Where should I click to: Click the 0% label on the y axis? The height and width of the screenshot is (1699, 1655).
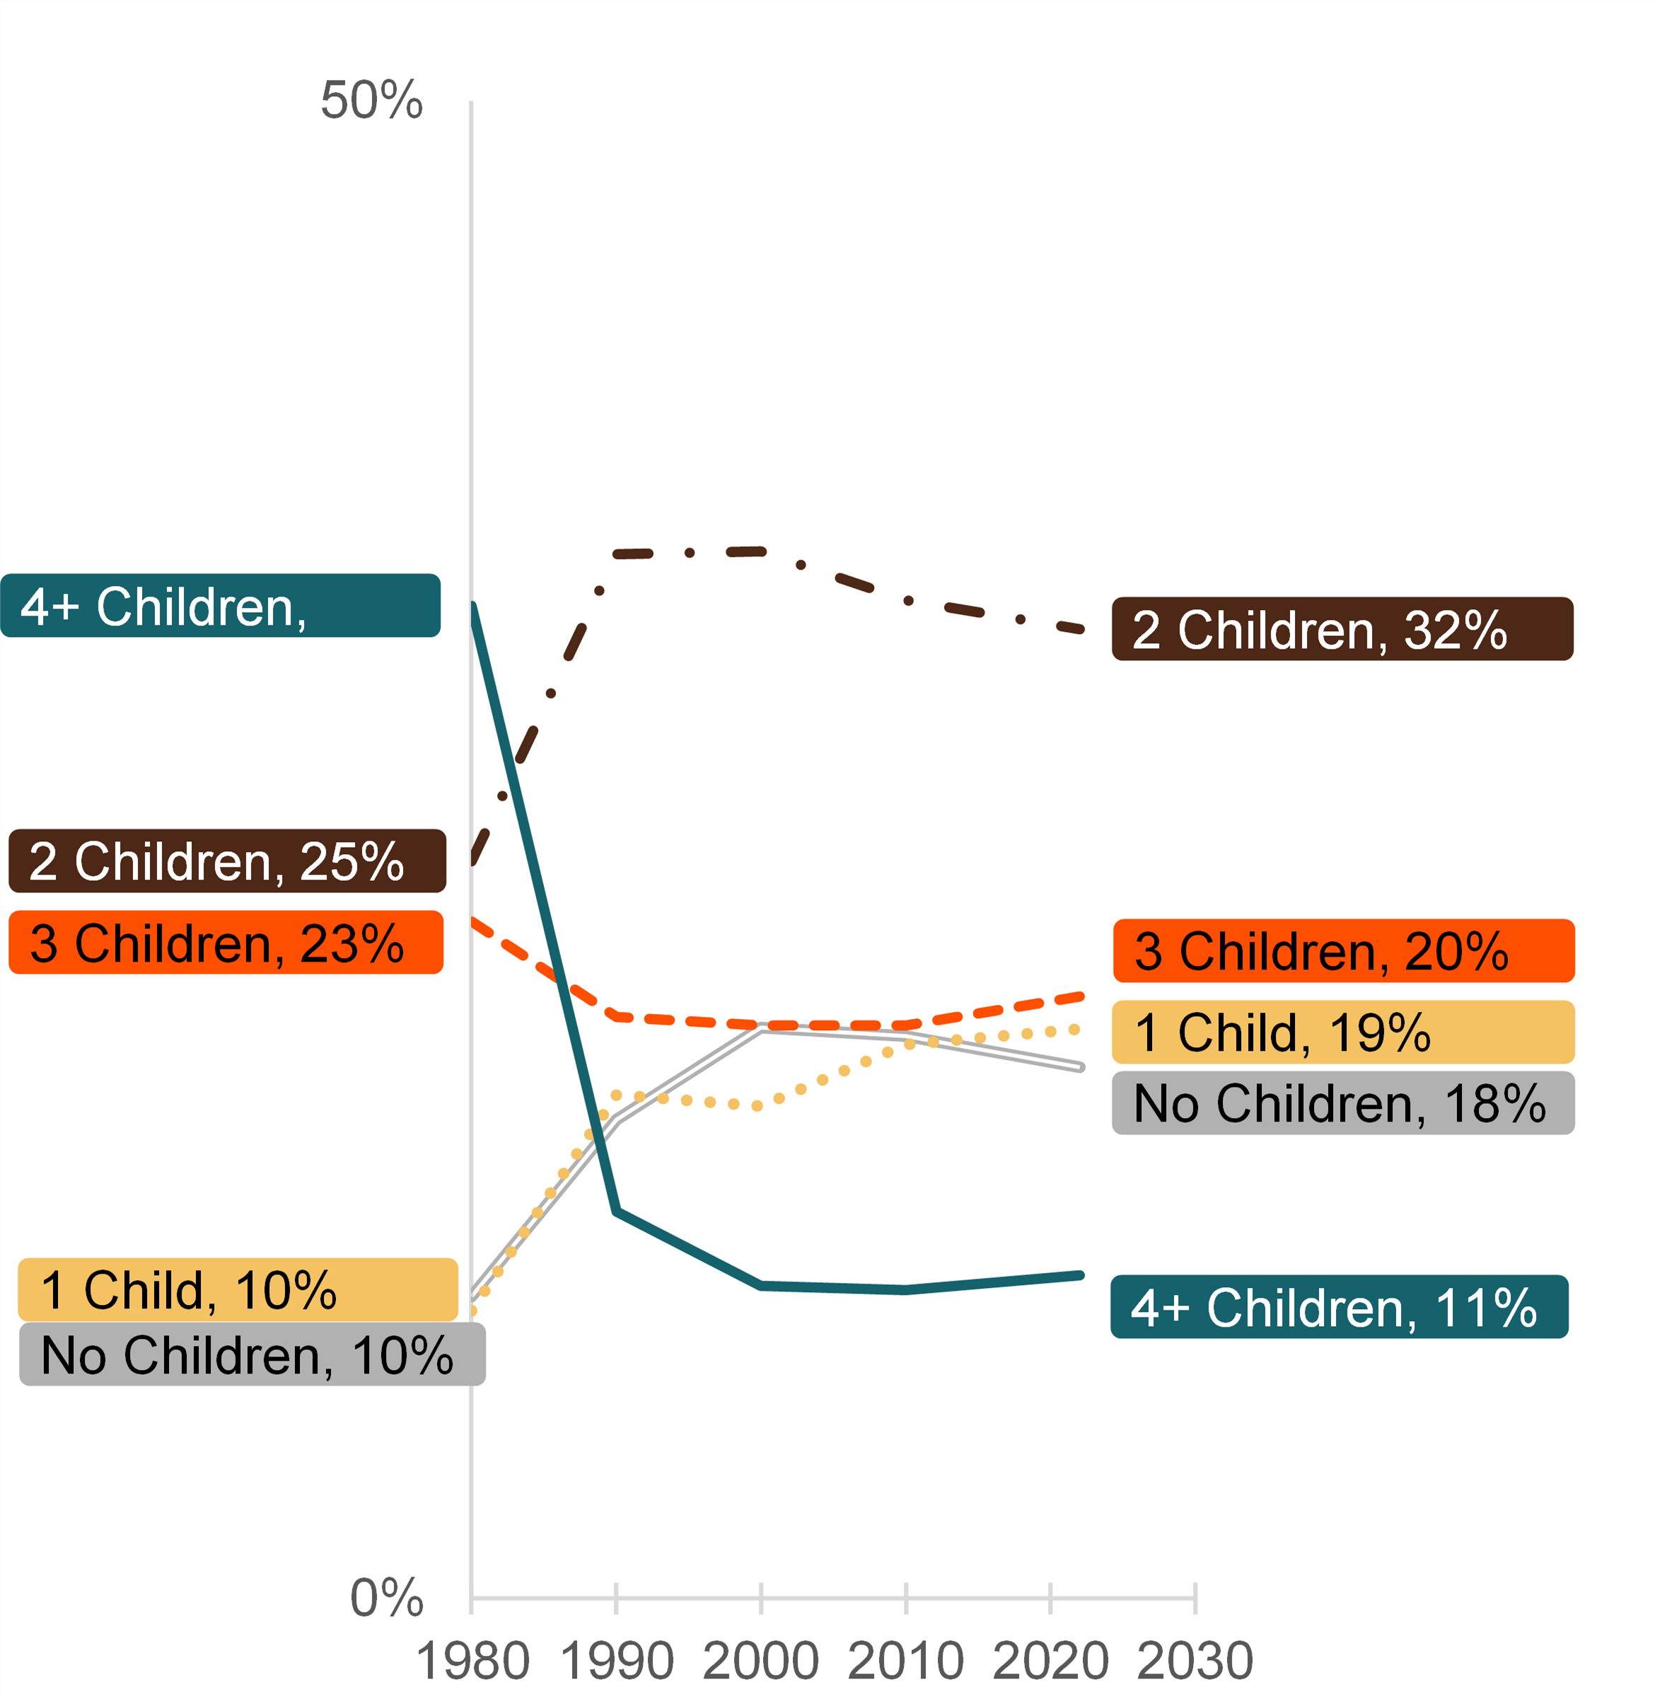click(x=386, y=1597)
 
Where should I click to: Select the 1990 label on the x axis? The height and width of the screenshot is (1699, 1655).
click(x=616, y=1661)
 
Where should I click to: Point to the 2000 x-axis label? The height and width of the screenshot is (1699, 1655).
click(x=760, y=1661)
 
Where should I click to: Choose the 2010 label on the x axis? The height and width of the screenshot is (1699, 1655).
click(x=906, y=1661)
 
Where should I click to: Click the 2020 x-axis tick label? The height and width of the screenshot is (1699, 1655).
click(x=1050, y=1661)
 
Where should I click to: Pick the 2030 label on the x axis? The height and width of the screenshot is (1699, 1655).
click(x=1195, y=1661)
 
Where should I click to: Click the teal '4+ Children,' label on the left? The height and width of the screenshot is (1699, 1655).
click(x=221, y=605)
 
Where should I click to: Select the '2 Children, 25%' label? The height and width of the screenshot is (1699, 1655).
click(x=227, y=860)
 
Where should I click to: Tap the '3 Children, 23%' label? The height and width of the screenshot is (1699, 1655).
click(x=226, y=943)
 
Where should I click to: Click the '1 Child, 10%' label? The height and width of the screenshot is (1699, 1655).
click(x=238, y=1289)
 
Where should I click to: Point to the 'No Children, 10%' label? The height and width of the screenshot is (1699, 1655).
click(x=252, y=1354)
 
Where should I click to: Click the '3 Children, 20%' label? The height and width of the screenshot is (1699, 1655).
click(x=1344, y=950)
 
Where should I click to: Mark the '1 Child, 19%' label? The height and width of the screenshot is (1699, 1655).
click(x=1343, y=1032)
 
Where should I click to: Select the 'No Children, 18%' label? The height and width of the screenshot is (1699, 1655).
click(x=1343, y=1102)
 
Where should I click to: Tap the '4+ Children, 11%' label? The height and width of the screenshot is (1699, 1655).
click(x=1340, y=1307)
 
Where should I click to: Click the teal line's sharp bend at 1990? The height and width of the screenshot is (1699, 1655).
click(x=616, y=1211)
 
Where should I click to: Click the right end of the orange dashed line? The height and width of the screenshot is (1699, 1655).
click(x=1081, y=996)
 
